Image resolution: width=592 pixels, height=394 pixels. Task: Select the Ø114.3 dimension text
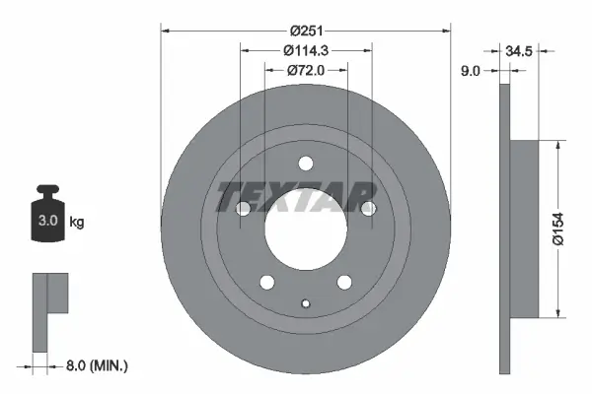click(306, 48)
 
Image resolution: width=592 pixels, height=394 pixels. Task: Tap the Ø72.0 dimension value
click(306, 70)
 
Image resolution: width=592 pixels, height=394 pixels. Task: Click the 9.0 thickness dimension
click(471, 71)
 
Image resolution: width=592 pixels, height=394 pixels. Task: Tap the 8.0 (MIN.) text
click(96, 365)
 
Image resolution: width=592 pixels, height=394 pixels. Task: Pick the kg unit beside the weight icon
click(77, 223)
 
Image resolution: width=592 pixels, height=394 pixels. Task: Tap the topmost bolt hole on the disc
click(305, 164)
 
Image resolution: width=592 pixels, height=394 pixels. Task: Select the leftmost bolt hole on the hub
click(243, 208)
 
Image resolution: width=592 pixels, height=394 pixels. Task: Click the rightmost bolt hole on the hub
click(368, 208)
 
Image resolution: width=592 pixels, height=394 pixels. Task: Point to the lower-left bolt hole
click(266, 282)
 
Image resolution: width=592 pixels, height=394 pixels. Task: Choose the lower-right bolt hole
click(344, 282)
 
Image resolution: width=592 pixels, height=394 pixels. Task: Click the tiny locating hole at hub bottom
click(305, 303)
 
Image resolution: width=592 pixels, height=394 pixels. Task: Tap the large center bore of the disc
click(305, 229)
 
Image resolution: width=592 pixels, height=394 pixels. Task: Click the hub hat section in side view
click(525, 229)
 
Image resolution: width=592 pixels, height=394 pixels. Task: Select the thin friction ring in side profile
click(506, 229)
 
